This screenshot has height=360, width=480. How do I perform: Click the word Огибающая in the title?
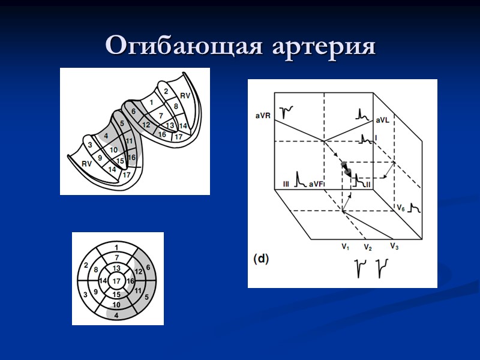click(x=182, y=46)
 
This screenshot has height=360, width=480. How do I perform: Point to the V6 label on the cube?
click(x=401, y=206)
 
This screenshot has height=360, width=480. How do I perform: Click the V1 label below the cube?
click(x=346, y=247)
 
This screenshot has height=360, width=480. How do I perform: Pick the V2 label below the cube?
click(x=368, y=247)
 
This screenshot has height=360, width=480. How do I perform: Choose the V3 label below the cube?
click(x=395, y=246)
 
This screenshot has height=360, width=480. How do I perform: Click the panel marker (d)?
click(x=260, y=259)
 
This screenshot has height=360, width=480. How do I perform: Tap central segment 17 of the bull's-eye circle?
click(x=116, y=280)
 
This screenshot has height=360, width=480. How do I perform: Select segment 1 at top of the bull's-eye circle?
click(x=116, y=247)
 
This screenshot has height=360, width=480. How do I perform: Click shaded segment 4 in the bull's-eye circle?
click(x=116, y=314)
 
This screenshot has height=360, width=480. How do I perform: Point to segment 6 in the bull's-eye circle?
click(x=148, y=267)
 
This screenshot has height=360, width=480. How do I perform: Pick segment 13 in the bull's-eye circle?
click(x=116, y=268)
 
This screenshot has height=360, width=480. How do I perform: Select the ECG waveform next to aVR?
click(x=290, y=110)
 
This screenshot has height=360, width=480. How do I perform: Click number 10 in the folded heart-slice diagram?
click(x=113, y=149)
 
